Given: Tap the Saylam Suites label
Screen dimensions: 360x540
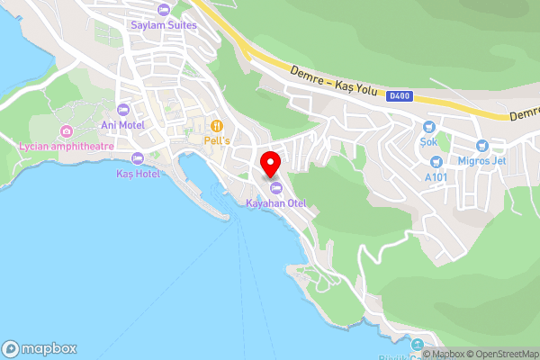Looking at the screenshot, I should pos(163,25).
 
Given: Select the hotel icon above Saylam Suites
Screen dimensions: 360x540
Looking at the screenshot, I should pos(163,10).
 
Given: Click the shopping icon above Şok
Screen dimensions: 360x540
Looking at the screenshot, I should pos(428,127).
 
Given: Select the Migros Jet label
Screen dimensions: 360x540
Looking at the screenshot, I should pos(482,160).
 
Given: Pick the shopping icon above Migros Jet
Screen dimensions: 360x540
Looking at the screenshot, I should pos(483,145).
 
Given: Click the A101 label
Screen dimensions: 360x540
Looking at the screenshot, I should pos(436,177).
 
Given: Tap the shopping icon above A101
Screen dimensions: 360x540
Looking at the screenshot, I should pos(436,162).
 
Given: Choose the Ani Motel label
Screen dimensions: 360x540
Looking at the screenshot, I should pos(122,125).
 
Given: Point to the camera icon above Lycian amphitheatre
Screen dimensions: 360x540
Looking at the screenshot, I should pos(66,131).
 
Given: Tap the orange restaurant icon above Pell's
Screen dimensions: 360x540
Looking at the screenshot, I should pos(217,125).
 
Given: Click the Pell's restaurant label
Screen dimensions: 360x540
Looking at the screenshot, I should pos(217,141).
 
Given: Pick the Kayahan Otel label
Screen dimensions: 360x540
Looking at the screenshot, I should pos(276,203).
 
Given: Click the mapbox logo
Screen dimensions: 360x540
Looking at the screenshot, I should pos(40,349).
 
